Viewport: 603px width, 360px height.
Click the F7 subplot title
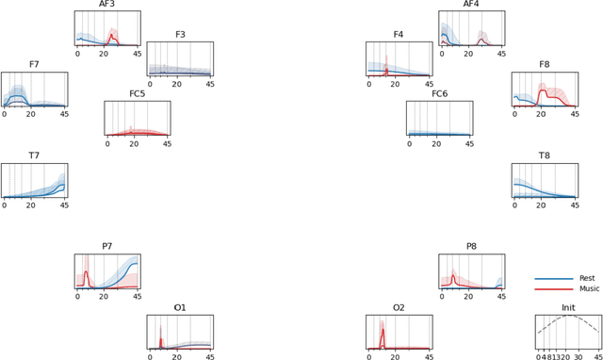tap(34, 65)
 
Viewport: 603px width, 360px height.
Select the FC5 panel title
tap(137, 94)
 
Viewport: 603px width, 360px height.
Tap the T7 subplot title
tap(34, 155)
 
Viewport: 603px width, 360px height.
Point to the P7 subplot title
tap(107, 247)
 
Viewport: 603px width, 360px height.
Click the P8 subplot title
tap(471, 247)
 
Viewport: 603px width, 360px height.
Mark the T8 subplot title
tap(545, 155)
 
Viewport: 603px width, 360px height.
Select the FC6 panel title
tap(440, 94)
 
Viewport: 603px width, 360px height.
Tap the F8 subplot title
tap(545, 65)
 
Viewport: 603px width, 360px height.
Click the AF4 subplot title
tap(471, 5)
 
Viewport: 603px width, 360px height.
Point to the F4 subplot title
tap(399, 35)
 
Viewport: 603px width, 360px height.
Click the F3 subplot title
tap(179, 35)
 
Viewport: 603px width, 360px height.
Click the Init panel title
tap(568, 308)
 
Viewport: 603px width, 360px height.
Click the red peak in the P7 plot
tap(86, 272)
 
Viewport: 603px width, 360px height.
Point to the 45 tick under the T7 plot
tap(64, 205)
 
